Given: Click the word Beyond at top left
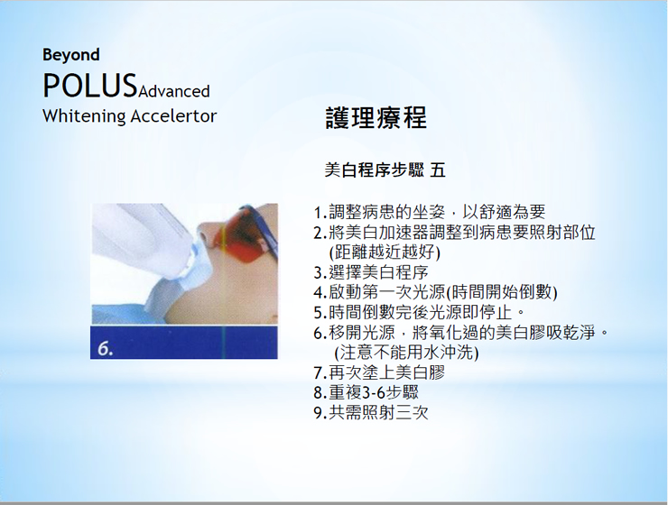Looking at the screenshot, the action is [x=71, y=55].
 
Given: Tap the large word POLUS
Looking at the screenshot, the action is [x=89, y=86].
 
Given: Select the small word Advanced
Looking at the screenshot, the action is [x=174, y=91].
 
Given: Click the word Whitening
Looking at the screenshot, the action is [x=84, y=116].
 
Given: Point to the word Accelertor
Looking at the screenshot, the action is [x=174, y=116].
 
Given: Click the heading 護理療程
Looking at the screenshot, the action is [x=376, y=118].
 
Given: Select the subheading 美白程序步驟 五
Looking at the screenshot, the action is [x=385, y=170].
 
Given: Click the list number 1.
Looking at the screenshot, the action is [x=319, y=212].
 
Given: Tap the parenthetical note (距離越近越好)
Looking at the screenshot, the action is [x=385, y=252].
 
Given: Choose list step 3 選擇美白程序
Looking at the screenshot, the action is [x=371, y=272].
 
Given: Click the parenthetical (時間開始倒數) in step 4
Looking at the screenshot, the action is [x=501, y=292].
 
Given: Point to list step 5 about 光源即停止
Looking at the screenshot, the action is [x=419, y=312].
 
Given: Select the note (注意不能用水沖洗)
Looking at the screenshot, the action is [x=406, y=353].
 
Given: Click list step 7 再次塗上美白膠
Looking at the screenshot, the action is [x=379, y=372].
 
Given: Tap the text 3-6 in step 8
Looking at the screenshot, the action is [x=373, y=392].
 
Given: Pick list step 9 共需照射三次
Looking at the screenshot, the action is [x=371, y=413].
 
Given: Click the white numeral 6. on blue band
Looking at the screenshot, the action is [x=106, y=349].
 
